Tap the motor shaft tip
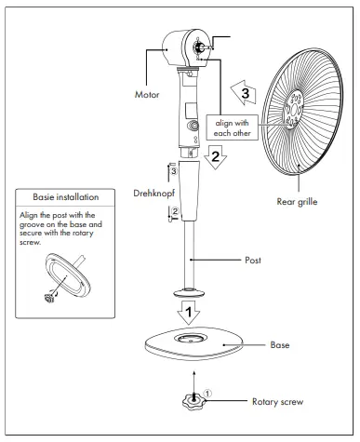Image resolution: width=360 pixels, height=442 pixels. click(x=198, y=47)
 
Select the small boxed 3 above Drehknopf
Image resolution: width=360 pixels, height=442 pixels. click(x=173, y=170)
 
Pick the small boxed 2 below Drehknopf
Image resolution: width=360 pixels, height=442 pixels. click(x=173, y=212)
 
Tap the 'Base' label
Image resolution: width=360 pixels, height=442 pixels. click(x=279, y=344)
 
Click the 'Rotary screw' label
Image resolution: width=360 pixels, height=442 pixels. click(x=277, y=402)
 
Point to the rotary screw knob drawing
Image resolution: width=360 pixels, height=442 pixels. click(x=191, y=406)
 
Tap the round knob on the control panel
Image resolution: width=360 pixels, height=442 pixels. click(x=194, y=125)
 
